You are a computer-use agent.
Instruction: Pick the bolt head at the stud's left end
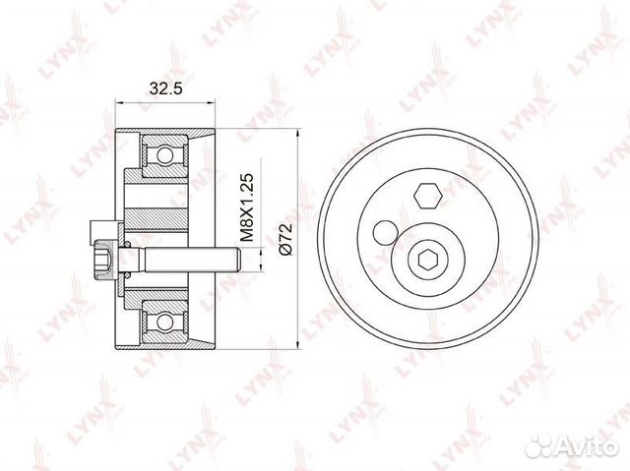103,262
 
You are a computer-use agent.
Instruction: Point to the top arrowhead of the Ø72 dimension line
295,132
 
